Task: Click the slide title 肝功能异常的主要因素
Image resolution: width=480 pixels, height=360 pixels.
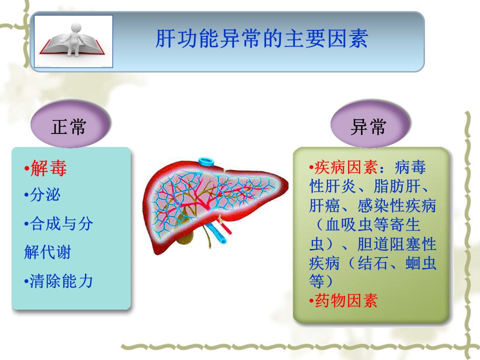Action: [x=261, y=38]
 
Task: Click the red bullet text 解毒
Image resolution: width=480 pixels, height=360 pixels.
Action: [x=48, y=168]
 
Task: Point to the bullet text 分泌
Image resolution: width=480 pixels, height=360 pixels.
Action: [x=45, y=194]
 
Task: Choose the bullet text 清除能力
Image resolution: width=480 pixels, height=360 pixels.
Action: [x=61, y=281]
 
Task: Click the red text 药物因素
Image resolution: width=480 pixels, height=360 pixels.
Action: [x=346, y=300]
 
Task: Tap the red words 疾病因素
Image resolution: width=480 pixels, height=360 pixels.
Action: [x=346, y=167]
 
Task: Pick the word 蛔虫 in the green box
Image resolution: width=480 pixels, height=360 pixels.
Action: [x=421, y=263]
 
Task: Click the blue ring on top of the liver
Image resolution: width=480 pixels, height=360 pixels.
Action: [x=207, y=161]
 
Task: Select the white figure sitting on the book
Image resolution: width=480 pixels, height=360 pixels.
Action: [x=74, y=38]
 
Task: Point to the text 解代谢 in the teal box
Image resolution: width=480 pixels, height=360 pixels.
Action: [x=47, y=252]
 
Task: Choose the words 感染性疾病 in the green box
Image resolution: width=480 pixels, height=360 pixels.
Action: [x=396, y=205]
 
